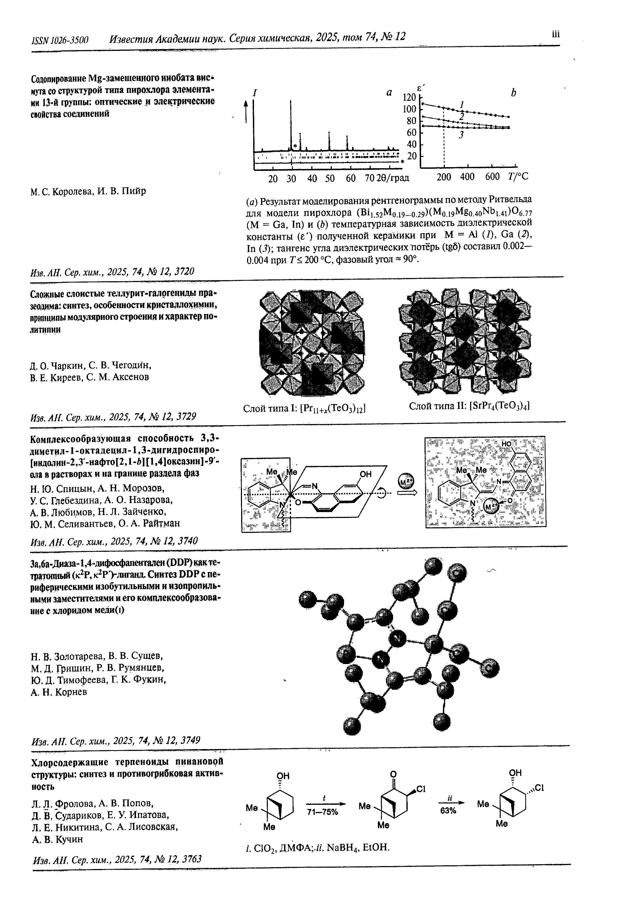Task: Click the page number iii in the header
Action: click(555, 34)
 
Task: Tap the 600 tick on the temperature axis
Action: click(492, 177)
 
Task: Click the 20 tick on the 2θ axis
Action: click(273, 179)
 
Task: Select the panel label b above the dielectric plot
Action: click(513, 93)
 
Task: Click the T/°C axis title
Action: click(518, 177)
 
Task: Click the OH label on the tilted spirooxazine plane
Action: click(365, 474)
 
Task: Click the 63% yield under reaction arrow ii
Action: click(448, 810)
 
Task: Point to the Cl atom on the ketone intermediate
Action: click(421, 789)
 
